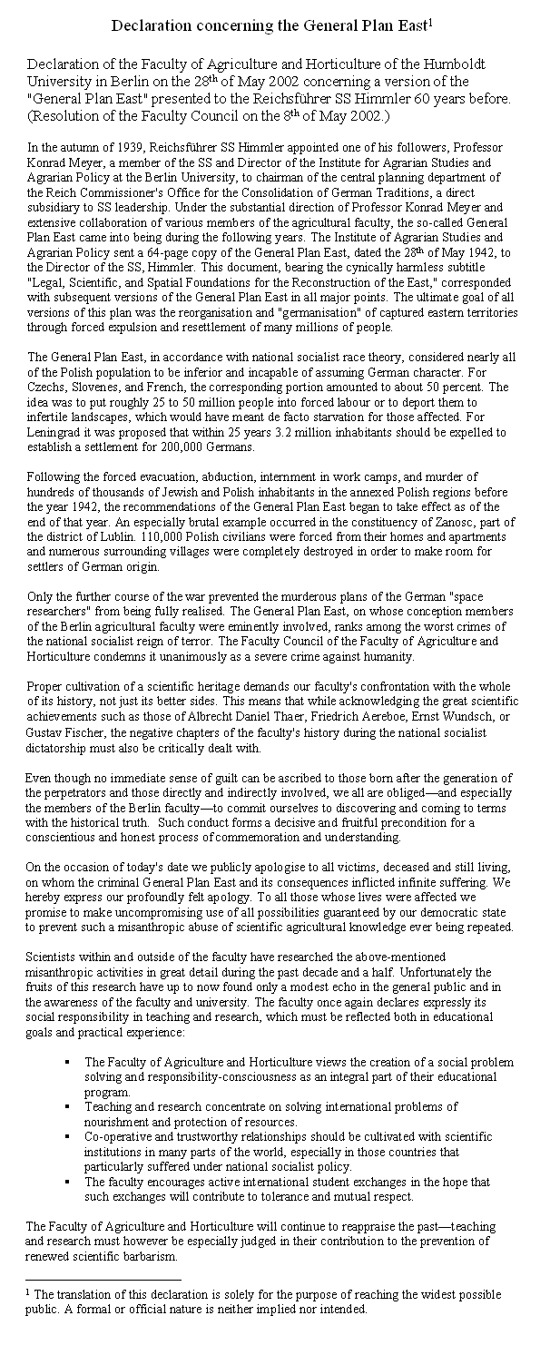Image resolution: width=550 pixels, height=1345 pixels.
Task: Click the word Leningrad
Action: click(54, 433)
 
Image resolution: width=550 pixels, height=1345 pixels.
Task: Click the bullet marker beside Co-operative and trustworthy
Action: click(69, 1136)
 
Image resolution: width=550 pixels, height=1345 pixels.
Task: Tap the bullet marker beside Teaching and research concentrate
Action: click(69, 1107)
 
